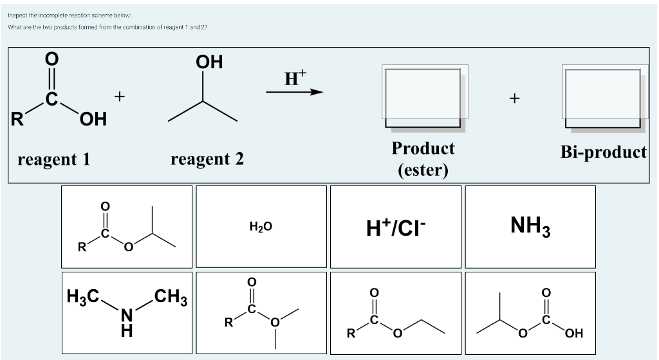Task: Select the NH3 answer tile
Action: [530, 226]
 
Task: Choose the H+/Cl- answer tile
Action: [395, 226]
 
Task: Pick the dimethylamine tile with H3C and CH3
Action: [127, 312]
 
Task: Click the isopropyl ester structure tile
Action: [127, 226]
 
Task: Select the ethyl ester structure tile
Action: [395, 312]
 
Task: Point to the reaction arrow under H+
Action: [294, 92]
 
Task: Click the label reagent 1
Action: [54, 158]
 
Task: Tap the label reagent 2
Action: [207, 158]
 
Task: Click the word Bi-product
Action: [603, 153]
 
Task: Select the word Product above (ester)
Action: [423, 148]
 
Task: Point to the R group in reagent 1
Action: [17, 119]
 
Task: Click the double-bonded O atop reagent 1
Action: [51, 59]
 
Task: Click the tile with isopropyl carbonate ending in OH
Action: [530, 312]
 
